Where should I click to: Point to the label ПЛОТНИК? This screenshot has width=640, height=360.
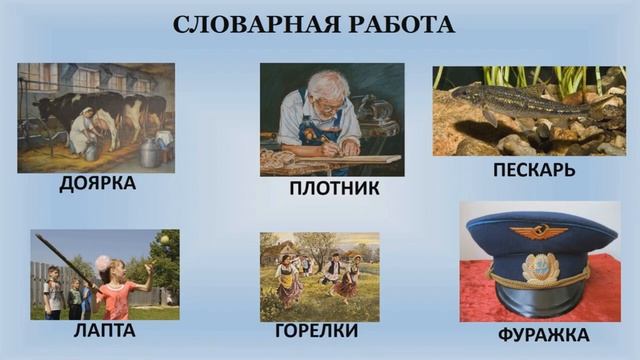pyautogui.click(x=333, y=188)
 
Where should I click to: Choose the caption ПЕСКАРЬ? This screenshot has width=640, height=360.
pyautogui.click(x=534, y=169)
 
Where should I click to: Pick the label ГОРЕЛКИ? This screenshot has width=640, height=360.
pyautogui.click(x=316, y=330)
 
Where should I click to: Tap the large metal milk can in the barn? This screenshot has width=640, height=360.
pyautogui.click(x=151, y=152)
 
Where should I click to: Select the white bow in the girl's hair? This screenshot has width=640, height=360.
pyautogui.click(x=102, y=263)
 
